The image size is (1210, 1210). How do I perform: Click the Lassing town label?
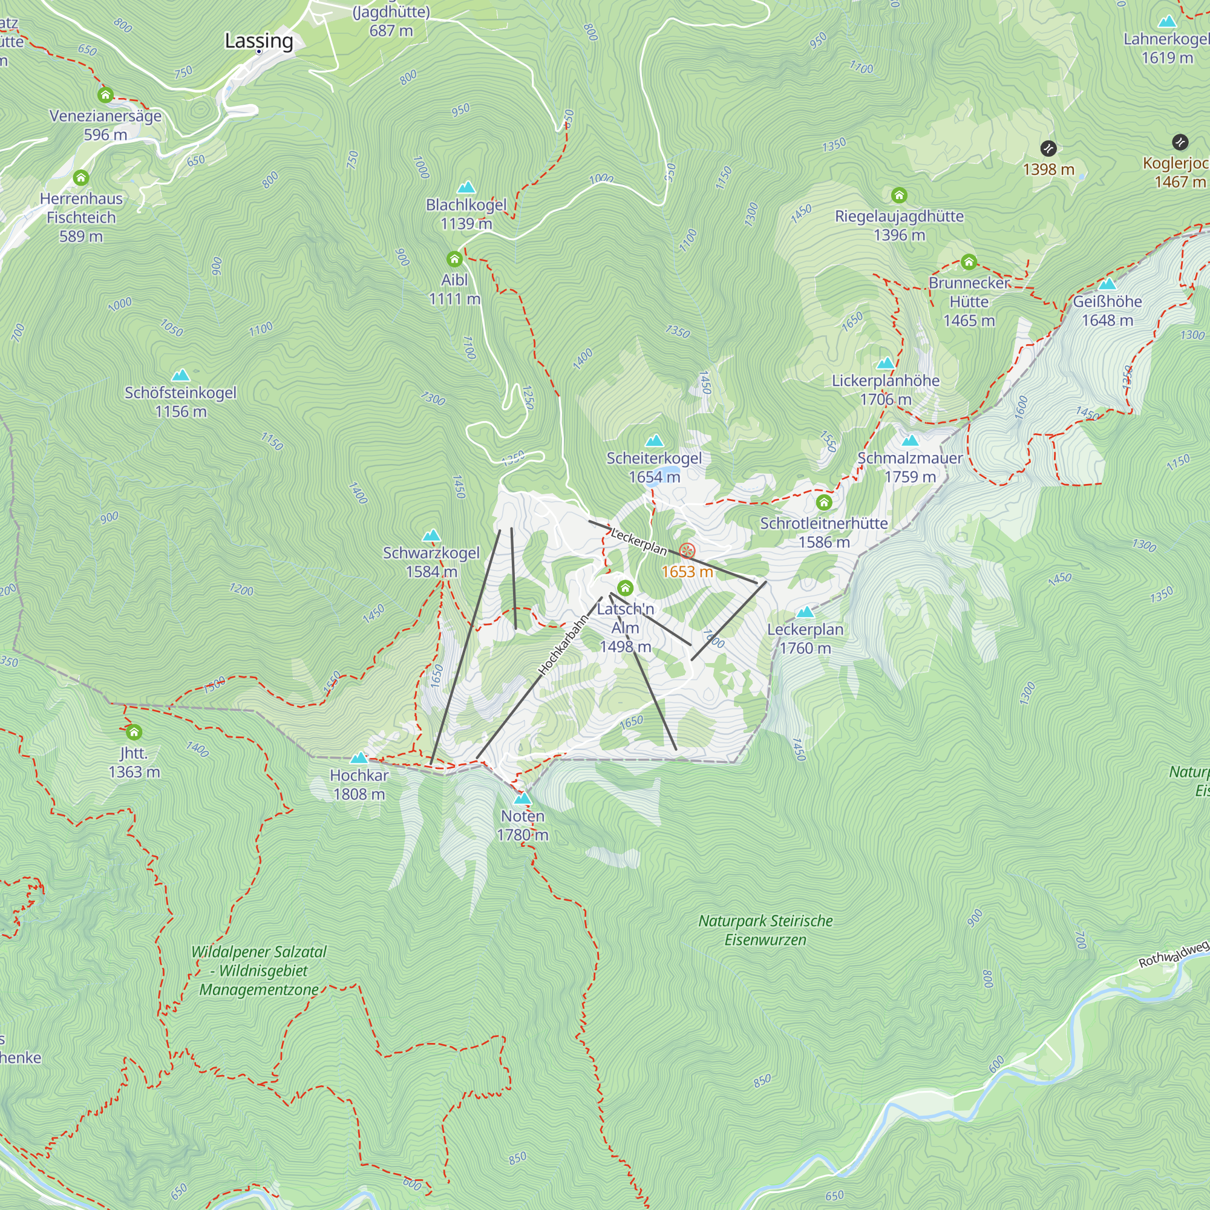259,41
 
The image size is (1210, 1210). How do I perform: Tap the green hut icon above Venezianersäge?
105,95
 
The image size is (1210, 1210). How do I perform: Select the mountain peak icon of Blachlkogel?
466,188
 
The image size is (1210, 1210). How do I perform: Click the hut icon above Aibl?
454,260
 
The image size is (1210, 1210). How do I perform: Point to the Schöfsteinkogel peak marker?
180,375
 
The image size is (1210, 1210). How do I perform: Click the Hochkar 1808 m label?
359,785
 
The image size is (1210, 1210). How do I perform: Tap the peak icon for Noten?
522,799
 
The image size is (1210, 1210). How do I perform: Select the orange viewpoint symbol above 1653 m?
687,551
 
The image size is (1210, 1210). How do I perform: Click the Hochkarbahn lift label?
563,644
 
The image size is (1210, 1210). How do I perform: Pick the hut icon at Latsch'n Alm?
625,588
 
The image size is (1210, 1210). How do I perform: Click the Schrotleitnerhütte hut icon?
823,502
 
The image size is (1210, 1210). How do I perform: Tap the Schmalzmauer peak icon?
910,440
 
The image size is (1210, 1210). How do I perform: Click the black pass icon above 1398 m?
1048,148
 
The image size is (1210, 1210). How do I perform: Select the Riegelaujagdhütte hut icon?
900,195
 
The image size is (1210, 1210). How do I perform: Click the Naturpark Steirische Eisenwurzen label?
765,930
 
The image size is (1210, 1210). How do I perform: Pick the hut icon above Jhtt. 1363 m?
133,732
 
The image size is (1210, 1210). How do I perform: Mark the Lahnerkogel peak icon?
1167,22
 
